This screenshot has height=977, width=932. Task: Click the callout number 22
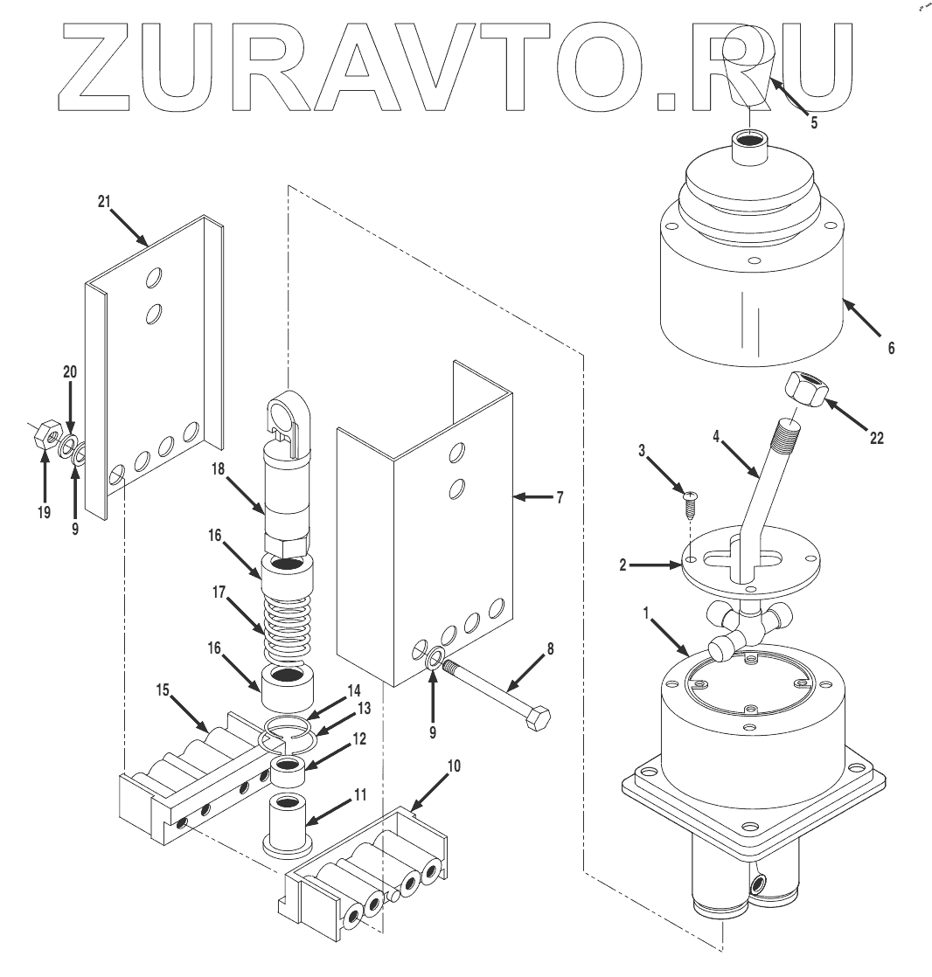(876, 438)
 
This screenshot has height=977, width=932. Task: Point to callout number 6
(891, 348)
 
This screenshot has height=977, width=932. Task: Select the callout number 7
(559, 497)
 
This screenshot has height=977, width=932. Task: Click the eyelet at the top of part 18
(289, 412)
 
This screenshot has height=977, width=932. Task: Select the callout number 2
(622, 565)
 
